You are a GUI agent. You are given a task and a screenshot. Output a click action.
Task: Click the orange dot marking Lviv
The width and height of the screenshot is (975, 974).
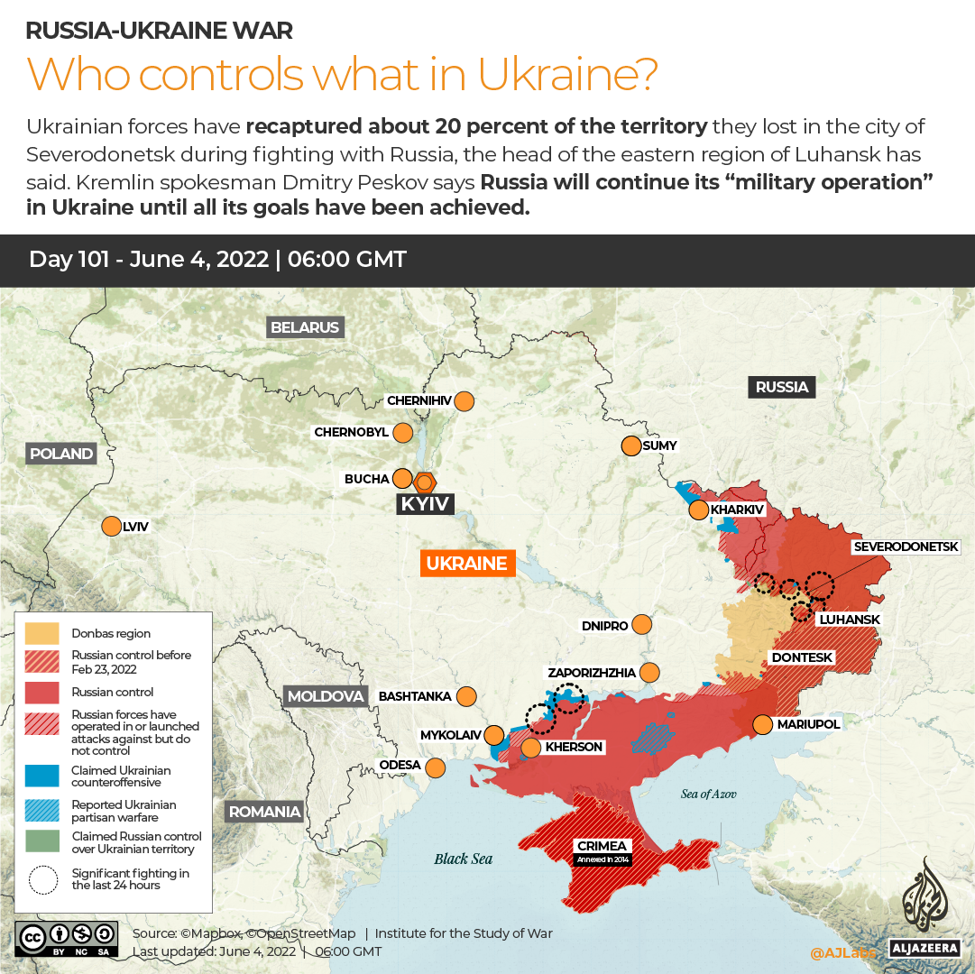(x=112, y=527)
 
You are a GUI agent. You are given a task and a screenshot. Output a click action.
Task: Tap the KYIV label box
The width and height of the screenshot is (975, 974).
(x=425, y=503)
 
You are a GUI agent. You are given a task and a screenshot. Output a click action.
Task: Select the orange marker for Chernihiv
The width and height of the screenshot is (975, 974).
(x=465, y=401)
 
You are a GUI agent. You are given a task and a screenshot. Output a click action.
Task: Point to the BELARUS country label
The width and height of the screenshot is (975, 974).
(x=305, y=327)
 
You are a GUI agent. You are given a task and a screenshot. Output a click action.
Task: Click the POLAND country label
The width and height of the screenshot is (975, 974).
(x=61, y=454)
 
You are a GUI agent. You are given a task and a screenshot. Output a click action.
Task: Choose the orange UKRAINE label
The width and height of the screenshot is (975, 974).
(x=467, y=564)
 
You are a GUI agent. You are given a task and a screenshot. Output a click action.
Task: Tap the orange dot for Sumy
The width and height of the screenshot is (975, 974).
(x=630, y=446)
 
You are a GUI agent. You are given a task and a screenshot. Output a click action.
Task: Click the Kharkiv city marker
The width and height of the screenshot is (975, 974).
(x=699, y=510)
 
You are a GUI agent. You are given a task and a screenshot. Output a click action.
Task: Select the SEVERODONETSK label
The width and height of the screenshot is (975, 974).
(x=913, y=547)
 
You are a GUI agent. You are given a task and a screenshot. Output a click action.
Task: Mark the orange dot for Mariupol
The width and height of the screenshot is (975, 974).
(x=763, y=724)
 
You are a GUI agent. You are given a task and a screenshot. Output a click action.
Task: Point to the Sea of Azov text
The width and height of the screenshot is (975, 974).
(x=708, y=794)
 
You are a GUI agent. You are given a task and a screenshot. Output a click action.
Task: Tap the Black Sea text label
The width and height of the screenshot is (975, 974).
(x=463, y=859)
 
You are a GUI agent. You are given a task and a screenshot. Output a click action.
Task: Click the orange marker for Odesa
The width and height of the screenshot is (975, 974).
(x=436, y=767)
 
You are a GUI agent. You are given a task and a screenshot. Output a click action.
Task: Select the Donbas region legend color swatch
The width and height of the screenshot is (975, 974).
(x=41, y=633)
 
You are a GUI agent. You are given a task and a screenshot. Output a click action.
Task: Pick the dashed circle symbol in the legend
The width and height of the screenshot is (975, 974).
(x=41, y=879)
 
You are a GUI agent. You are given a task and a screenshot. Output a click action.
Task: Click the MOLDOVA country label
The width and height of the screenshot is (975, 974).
(x=326, y=696)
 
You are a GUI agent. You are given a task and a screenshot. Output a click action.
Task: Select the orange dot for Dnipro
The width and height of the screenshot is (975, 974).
(x=642, y=624)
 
